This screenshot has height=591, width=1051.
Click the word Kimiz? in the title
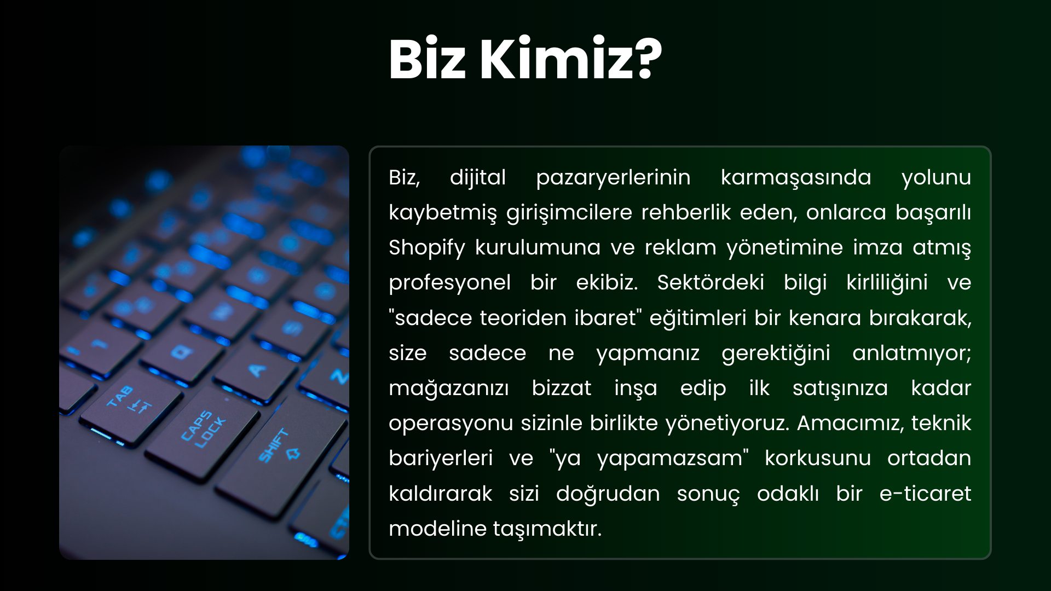[571, 59]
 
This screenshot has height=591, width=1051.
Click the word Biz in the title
[427, 59]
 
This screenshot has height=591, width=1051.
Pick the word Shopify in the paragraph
[427, 248]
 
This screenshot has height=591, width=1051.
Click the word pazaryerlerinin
[613, 178]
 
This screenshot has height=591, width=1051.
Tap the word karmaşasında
[796, 178]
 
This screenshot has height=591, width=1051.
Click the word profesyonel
[450, 283]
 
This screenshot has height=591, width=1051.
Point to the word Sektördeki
[711, 282]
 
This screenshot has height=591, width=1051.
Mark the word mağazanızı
[449, 389]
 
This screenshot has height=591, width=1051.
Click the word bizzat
[562, 388]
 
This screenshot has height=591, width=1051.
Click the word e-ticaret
[925, 494]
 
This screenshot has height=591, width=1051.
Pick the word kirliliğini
[887, 283]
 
